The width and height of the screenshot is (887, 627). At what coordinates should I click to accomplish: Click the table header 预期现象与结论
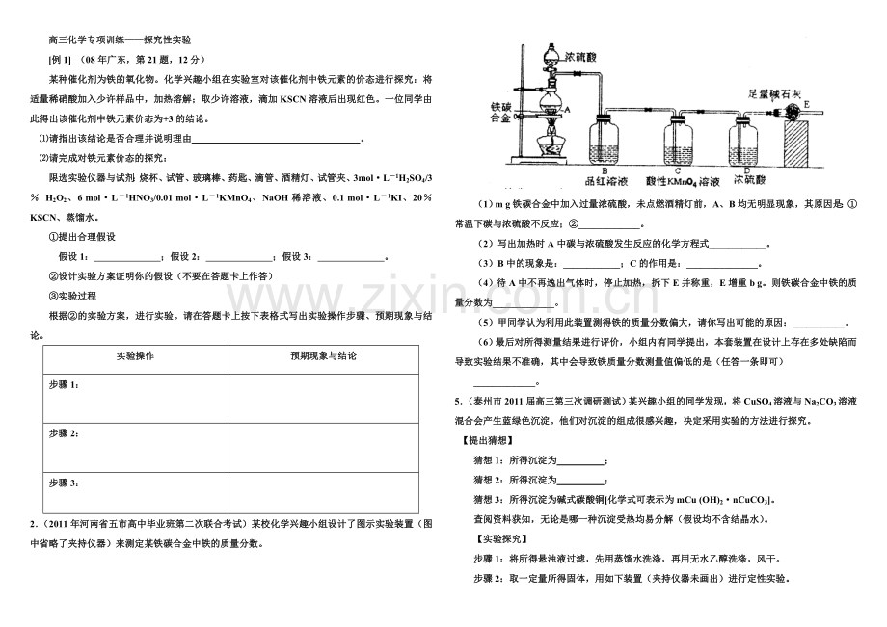pyautogui.click(x=323, y=356)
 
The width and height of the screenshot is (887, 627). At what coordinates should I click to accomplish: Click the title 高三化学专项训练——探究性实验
pyautogui.click(x=120, y=41)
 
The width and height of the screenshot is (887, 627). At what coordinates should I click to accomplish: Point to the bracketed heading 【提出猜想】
pyautogui.click(x=490, y=440)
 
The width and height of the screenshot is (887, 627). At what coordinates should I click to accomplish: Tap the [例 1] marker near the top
pyautogui.click(x=60, y=61)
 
